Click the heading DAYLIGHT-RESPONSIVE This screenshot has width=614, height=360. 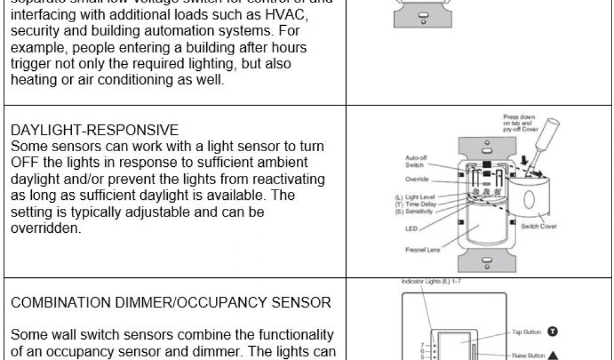pyautogui.click(x=95, y=130)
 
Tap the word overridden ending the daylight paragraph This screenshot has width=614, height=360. pyautogui.click(x=46, y=229)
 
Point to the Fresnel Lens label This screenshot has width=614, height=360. pyautogui.click(x=424, y=250)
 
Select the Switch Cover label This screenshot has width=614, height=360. pyautogui.click(x=538, y=226)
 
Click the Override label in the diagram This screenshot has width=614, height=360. pyautogui.click(x=417, y=179)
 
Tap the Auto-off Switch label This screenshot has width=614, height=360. pyautogui.click(x=416, y=161)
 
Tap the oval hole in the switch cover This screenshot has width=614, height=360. pyautogui.click(x=528, y=199)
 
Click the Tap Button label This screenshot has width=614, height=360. pyautogui.click(x=526, y=332)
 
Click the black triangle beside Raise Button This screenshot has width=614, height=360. pyautogui.click(x=552, y=355)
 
